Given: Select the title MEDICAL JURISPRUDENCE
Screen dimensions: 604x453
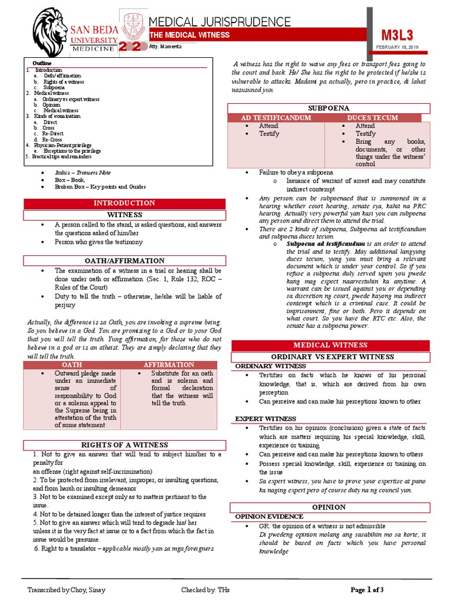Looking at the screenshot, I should [224, 21].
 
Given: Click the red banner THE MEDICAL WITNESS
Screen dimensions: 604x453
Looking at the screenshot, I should [189, 36].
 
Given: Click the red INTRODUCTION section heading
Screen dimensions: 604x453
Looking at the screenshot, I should [124, 203].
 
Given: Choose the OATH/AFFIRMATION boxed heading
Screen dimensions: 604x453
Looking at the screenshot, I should [124, 261].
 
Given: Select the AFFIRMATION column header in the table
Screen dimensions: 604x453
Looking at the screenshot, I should [169, 365].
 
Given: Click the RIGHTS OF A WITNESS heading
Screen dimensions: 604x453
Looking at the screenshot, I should [124, 445].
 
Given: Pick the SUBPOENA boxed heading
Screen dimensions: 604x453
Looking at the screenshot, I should [329, 109].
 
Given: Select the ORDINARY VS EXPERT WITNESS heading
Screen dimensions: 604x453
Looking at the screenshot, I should [331, 357].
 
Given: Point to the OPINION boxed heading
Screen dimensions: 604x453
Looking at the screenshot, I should [329, 507].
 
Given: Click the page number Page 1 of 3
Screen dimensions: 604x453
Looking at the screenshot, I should [367, 590].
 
